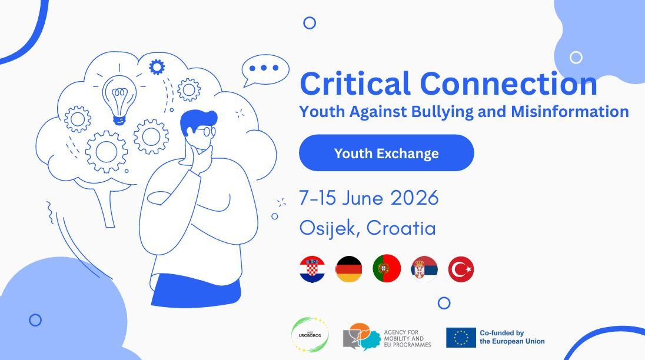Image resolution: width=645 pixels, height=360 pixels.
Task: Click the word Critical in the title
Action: click(355, 84)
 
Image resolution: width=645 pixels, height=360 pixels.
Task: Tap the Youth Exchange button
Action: click(386, 153)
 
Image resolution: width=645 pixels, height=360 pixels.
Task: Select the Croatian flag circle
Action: click(312, 269)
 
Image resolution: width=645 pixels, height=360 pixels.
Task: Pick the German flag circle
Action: click(349, 269)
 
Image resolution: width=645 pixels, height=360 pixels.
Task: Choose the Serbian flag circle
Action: click(424, 269)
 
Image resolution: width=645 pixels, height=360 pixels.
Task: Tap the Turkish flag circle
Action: click(461, 269)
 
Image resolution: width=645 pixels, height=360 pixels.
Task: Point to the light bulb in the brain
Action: click(119, 99)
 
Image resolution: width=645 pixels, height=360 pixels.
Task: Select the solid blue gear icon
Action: click(157, 66)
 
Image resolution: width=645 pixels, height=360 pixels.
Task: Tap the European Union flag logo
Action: click(461, 338)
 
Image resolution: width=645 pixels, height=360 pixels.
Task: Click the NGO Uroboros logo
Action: click(310, 335)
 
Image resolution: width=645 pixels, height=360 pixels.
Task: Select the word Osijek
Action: click(327, 228)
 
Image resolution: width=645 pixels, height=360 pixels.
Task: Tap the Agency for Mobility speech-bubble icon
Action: click(361, 336)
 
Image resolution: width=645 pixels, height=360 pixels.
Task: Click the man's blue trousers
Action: click(196, 290)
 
